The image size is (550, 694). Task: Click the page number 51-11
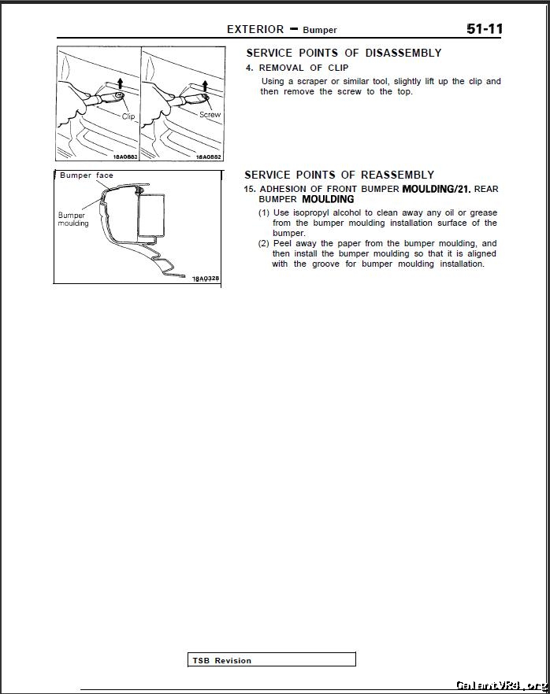tap(484, 29)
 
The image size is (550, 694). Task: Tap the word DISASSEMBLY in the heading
tap(403, 53)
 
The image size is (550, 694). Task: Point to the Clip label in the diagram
tap(128, 116)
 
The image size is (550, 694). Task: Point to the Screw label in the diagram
tap(210, 115)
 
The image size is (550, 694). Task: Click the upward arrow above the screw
tap(205, 84)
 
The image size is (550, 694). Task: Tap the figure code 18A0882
tap(208, 157)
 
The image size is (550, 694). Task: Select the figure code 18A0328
tap(206, 279)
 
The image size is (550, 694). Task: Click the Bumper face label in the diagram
tap(87, 175)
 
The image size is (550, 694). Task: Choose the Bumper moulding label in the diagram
tap(73, 219)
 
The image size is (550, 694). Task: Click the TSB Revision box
tap(272, 660)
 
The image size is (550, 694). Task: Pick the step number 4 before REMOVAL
tap(249, 68)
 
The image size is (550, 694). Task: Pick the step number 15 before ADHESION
tap(249, 189)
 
